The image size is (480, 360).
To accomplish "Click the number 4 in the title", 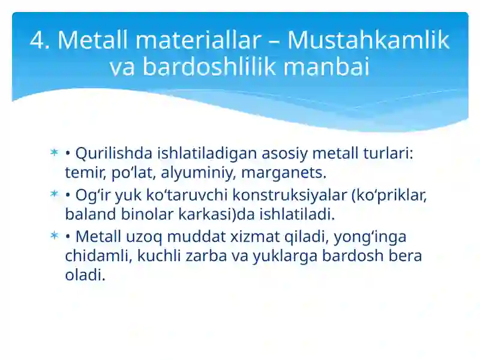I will [x=39, y=41].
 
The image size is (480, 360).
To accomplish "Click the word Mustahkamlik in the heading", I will [x=368, y=41].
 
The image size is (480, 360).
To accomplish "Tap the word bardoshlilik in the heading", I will [x=211, y=67].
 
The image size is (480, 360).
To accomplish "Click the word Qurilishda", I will [x=115, y=154].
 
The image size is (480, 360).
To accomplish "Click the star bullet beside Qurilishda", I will [x=54, y=154].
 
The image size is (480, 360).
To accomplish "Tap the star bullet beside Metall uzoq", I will [x=54, y=236].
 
